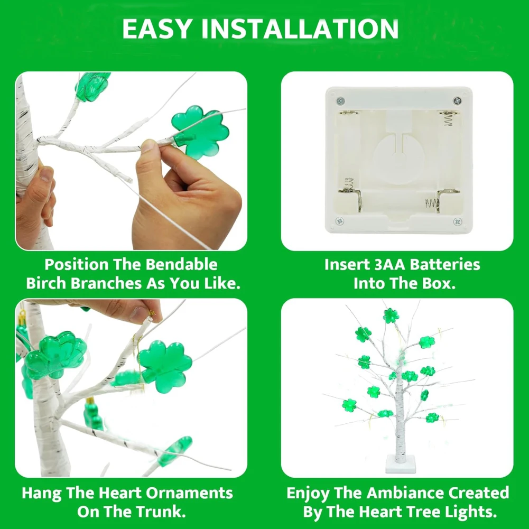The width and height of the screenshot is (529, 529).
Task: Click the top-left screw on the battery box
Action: click(x=340, y=100)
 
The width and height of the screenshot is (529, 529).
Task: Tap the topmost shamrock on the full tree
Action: click(x=391, y=315)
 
